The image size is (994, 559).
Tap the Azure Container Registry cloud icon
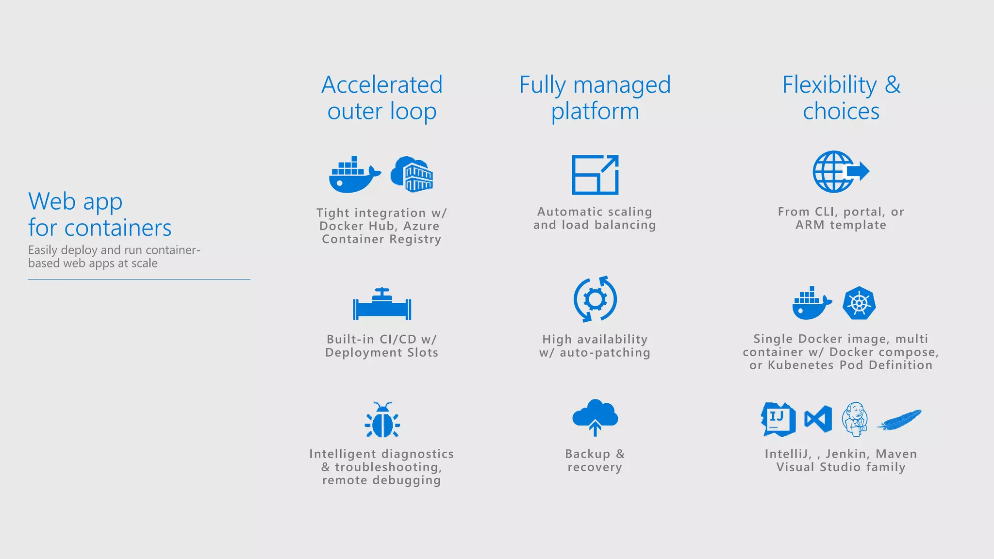click(x=412, y=174)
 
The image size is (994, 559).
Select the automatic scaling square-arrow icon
click(x=595, y=175)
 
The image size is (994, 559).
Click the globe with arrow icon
click(x=841, y=171)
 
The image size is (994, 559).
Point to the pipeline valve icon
click(x=382, y=304)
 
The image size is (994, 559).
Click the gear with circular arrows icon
click(x=595, y=299)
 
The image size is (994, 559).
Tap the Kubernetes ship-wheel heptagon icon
click(x=859, y=303)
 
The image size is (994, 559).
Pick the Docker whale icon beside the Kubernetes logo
click(x=812, y=303)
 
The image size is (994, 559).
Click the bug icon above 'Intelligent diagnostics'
click(x=382, y=420)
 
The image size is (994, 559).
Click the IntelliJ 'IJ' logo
click(x=778, y=419)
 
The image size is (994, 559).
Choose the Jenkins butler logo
click(x=855, y=419)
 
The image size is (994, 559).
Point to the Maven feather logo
click(x=899, y=420)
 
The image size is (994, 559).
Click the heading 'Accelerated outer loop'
click(x=382, y=98)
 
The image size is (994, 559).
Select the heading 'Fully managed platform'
click(x=595, y=98)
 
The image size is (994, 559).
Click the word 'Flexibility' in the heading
click(x=829, y=85)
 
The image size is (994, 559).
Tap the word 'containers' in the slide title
click(x=117, y=228)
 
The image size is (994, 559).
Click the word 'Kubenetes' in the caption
click(x=801, y=365)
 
